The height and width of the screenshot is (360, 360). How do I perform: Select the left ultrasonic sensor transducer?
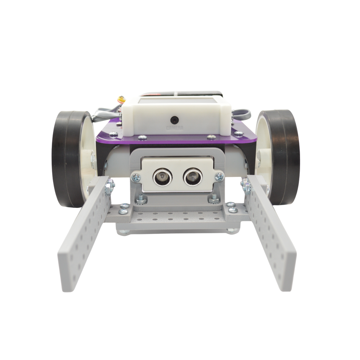pyautogui.click(x=162, y=177)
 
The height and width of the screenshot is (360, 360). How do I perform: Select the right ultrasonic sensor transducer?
pyautogui.click(x=192, y=177)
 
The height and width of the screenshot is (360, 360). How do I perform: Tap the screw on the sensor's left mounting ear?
pyautogui.click(x=136, y=178)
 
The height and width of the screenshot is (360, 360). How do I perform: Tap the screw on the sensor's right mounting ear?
pyautogui.click(x=219, y=177)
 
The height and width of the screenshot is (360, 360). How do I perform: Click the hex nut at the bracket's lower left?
pyautogui.click(x=141, y=200)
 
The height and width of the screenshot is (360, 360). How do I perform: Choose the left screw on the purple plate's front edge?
pyautogui.click(x=142, y=137)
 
